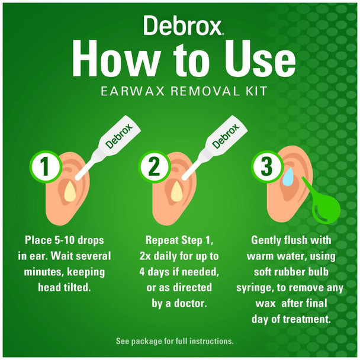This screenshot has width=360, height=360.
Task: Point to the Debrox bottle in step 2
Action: pos(223,143)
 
